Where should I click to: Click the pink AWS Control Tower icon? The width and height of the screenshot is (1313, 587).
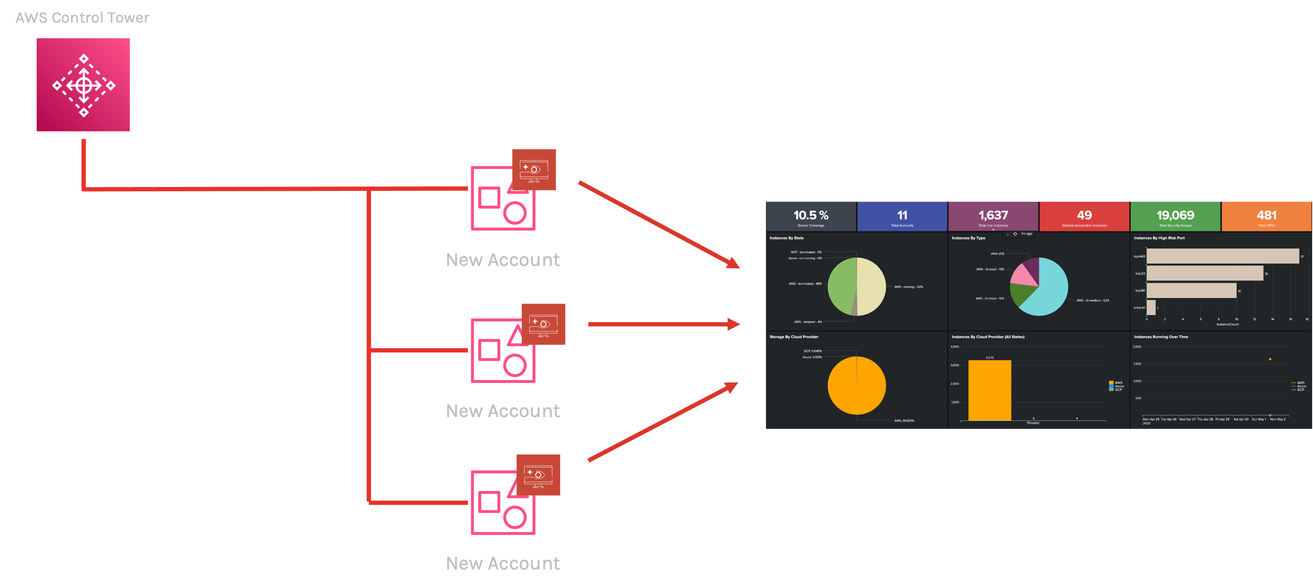pos(83,85)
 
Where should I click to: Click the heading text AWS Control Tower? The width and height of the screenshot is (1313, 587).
pos(82,18)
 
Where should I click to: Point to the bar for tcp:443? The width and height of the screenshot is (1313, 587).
pos(1222,256)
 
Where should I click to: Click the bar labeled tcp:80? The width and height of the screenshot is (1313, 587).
pos(1191,290)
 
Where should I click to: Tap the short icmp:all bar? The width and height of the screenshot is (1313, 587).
pos(1151,307)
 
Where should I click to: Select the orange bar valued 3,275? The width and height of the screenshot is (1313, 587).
pos(989,390)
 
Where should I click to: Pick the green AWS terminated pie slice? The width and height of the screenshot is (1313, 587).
pos(842,286)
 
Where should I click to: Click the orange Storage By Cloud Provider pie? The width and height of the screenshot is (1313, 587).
pos(856,385)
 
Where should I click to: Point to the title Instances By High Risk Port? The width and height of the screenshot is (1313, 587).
pos(1159,238)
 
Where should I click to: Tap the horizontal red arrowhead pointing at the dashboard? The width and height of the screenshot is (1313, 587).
pos(733,324)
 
